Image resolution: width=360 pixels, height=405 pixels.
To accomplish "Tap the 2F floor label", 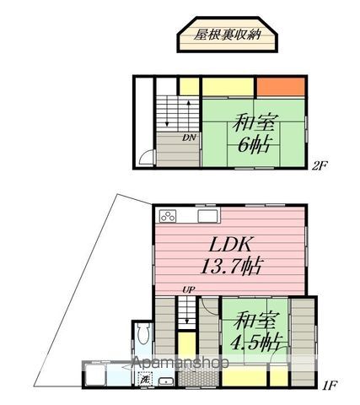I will [x=319, y=166].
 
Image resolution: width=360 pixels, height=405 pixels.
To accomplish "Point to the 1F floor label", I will [x=329, y=386].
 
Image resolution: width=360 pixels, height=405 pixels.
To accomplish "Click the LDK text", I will [x=228, y=246].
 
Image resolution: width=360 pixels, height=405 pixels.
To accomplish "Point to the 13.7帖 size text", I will [x=232, y=268].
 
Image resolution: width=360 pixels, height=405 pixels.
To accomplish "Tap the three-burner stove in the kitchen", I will [x=168, y=216].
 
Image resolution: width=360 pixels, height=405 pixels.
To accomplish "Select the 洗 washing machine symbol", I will [x=146, y=381].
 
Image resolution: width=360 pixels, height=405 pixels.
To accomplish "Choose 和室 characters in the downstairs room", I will [x=255, y=321].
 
